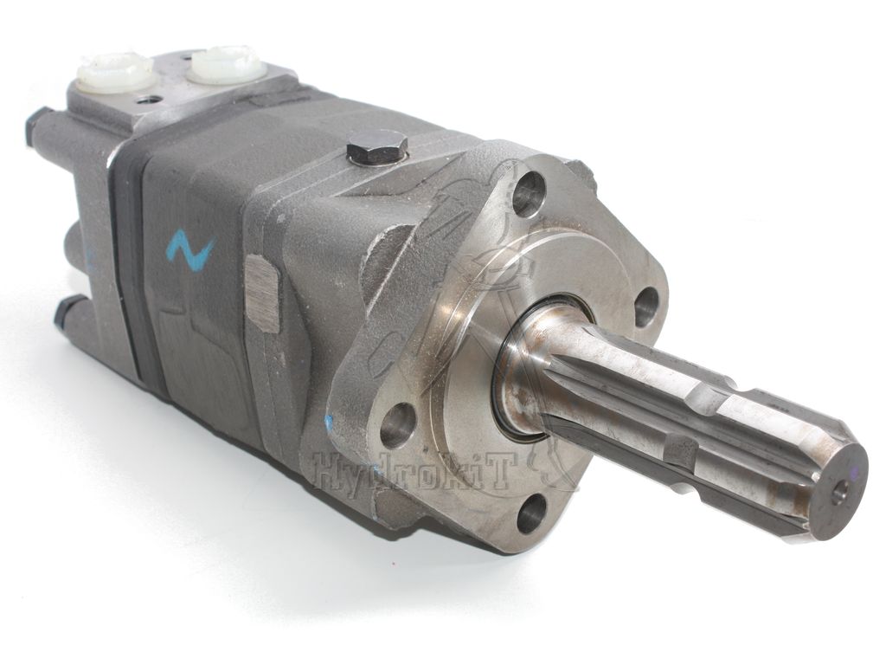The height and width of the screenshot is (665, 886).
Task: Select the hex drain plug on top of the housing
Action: pyautogui.click(x=377, y=149)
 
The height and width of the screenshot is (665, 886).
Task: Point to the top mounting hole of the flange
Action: pyautogui.click(x=530, y=193)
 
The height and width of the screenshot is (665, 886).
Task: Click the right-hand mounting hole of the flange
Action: pyautogui.click(x=647, y=307)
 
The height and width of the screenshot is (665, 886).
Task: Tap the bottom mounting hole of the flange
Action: pyautogui.click(x=532, y=513)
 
